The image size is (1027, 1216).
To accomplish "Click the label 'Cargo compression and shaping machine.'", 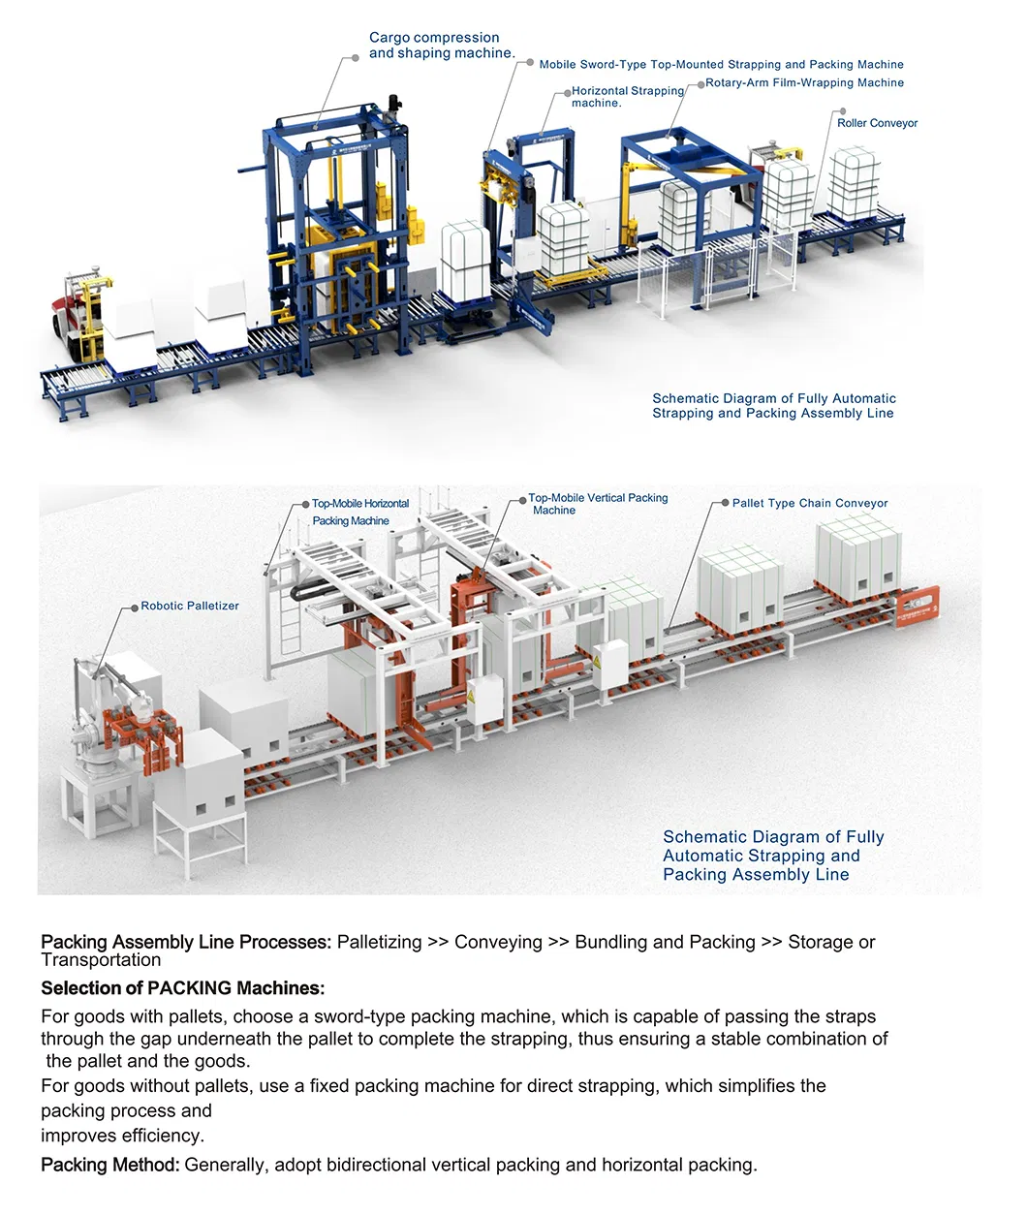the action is coord(442,46).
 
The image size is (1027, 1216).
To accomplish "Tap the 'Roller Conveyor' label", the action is coord(877,123).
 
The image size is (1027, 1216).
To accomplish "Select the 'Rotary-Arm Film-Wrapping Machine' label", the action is coord(804,82).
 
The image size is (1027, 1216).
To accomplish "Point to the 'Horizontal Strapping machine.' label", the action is coord(628,97).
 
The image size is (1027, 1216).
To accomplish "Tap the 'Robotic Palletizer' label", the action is coord(190,606).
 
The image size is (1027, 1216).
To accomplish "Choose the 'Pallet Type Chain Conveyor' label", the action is coord(810,503).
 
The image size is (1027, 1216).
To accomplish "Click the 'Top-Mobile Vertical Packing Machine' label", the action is coord(598,504).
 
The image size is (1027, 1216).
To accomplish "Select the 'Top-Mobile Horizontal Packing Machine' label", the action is coord(360,512).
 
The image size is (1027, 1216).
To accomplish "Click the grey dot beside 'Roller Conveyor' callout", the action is coord(842,111).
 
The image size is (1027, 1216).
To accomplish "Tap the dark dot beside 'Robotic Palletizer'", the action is coord(135,607).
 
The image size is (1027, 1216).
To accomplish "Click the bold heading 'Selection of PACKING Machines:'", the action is coord(183,988).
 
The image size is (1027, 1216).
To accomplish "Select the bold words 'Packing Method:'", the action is coord(110,1165).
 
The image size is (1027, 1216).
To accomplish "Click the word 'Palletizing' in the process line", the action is coord(379,943).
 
